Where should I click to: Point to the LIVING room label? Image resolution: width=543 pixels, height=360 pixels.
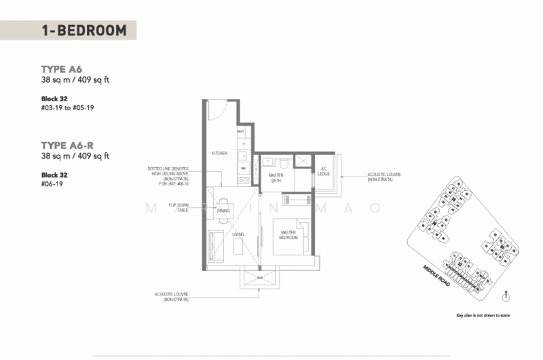[238, 235]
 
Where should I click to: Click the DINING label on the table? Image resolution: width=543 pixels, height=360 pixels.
[223, 211]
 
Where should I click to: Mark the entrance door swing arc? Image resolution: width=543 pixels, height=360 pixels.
[216, 112]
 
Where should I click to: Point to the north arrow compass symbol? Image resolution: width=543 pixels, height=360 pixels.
[507, 295]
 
